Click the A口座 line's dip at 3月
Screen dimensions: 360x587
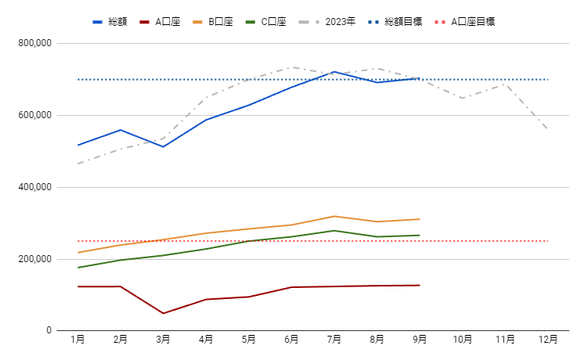[x=164, y=313]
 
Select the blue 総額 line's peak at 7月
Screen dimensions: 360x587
[x=334, y=72]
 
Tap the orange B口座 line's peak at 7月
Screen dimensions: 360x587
[x=334, y=216]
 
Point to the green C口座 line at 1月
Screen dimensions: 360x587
[x=78, y=268]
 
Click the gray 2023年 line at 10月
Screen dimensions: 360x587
[x=463, y=98]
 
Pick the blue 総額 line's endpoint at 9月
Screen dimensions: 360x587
[x=420, y=77]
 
